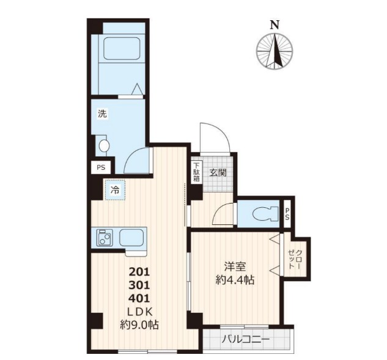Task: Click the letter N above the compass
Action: [275, 25]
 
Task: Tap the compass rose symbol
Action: [275, 51]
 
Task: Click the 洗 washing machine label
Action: [103, 114]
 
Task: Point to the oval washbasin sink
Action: [104, 145]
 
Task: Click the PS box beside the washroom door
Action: [101, 167]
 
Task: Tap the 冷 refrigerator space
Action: [116, 190]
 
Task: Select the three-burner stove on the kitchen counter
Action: [105, 237]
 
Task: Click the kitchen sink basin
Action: [131, 237]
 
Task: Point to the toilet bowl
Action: [265, 214]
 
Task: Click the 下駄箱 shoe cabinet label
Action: [196, 172]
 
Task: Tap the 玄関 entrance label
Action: [218, 173]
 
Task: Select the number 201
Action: [139, 272]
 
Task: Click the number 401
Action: [139, 299]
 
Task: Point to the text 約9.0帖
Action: [139, 325]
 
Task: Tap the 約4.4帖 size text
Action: [235, 280]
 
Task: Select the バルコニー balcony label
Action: [245, 339]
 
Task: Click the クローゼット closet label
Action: [295, 259]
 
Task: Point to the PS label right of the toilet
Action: [287, 214]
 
